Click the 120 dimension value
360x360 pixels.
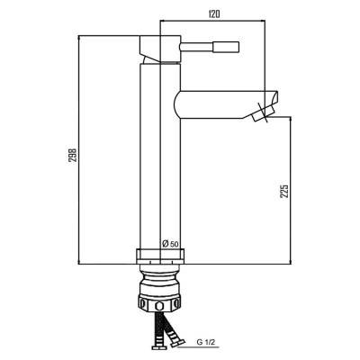212,14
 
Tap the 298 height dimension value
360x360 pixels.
73,155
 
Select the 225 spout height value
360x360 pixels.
284,191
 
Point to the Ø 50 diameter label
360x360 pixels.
170,244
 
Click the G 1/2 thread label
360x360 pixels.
206,343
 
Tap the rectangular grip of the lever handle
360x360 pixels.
226,47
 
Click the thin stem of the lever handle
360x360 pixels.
196,48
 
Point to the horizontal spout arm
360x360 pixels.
226,104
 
